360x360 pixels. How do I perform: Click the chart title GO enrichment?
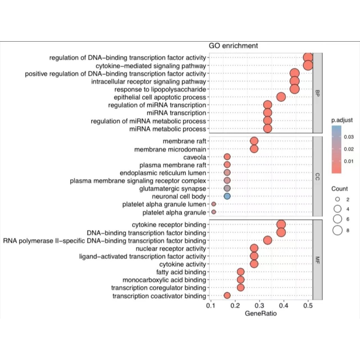click(233, 46)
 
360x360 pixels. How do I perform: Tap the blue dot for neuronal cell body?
click(227, 196)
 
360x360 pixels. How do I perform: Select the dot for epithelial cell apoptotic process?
click(281, 97)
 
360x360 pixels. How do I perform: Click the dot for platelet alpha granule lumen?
click(213, 204)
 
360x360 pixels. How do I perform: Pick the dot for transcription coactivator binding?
click(227, 295)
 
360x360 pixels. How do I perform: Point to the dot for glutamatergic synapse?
click(227, 188)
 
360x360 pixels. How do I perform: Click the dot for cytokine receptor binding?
click(281, 224)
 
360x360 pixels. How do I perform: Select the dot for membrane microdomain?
click(254, 149)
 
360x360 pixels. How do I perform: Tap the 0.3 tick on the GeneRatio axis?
click(259, 306)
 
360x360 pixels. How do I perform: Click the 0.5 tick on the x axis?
click(308, 306)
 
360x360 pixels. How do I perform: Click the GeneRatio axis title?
click(261, 313)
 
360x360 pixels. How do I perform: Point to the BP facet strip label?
click(317, 93)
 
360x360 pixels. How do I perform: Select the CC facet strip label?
click(317, 177)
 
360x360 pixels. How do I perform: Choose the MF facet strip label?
click(317, 260)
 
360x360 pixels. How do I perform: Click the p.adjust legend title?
click(342, 120)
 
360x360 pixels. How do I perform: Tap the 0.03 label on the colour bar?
click(349, 137)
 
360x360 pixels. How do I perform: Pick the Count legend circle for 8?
click(338, 230)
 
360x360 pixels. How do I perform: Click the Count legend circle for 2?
click(338, 199)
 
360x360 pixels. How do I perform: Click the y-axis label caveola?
click(195, 157)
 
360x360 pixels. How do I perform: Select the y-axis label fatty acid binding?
click(181, 272)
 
